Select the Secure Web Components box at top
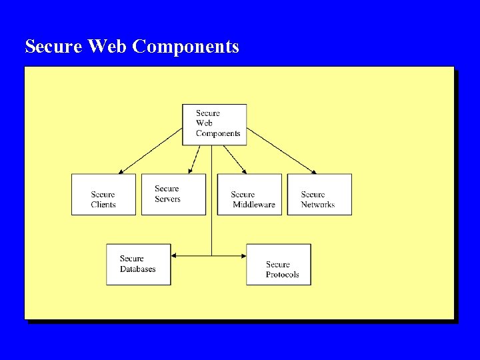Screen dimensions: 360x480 215,124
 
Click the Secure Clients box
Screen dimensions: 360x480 103,194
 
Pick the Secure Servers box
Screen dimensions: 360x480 173,194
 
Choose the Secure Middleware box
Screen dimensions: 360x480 249,194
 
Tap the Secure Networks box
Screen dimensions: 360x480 319,194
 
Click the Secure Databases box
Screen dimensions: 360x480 138,264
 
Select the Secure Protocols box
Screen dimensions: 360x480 279,264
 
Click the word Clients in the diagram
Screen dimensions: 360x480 103,205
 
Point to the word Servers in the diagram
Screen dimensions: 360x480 167,199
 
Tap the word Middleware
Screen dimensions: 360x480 254,205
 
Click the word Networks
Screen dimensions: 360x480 317,205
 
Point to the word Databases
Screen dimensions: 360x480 138,269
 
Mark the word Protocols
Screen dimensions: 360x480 282,275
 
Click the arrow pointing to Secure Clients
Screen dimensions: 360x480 151,151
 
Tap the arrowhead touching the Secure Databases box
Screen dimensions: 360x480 175,255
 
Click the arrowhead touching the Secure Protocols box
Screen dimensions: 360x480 243,255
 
